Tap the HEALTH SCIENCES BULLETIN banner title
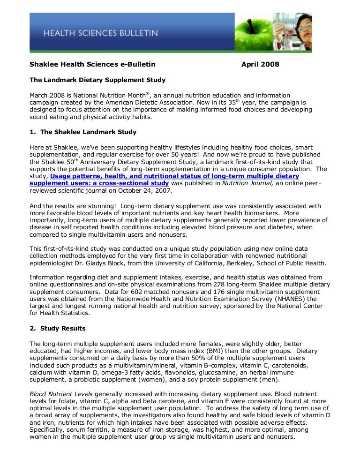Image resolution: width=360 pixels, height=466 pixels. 101,33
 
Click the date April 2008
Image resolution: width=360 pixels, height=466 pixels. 260,64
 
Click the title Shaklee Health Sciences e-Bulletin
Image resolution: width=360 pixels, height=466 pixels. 92,64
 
